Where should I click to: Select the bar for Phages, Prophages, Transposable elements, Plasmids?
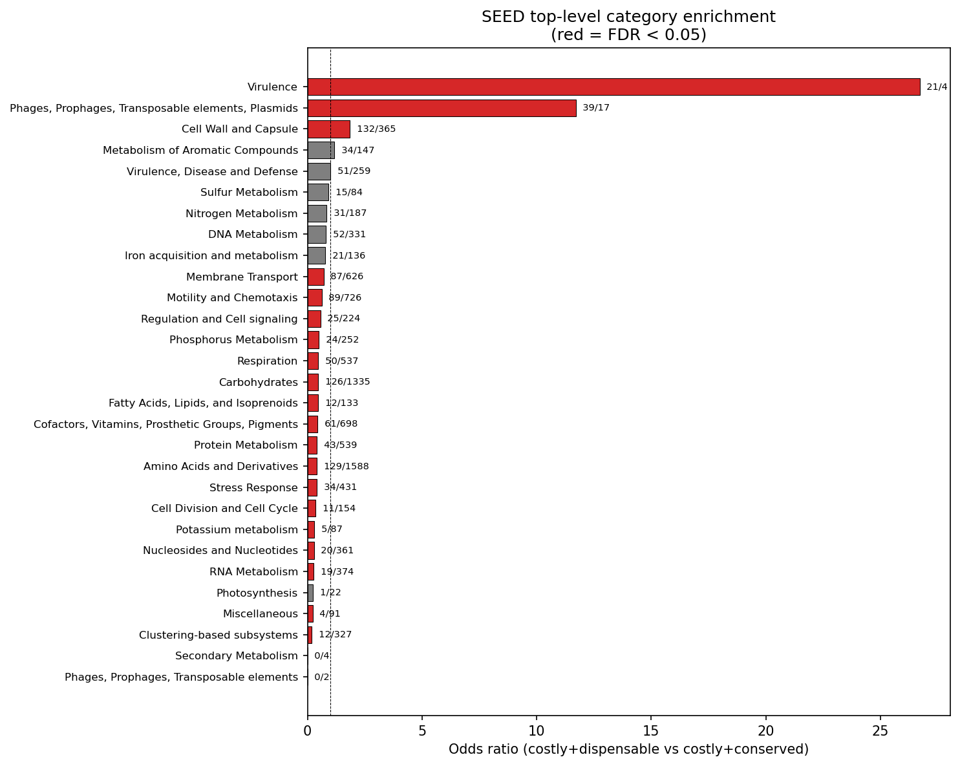coord(442,108)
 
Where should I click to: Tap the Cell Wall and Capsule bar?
coord(328,129)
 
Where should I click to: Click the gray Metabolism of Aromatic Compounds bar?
coord(321,150)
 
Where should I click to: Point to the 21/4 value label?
coord(937,87)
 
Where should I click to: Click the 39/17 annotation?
coord(596,108)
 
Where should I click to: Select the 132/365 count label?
coord(376,129)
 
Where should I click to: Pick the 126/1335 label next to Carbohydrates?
coord(348,382)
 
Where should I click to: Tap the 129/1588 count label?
coord(347,466)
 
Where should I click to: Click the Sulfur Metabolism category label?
coord(249,192)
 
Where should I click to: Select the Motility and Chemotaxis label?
coord(232,297)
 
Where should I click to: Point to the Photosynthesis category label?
coord(257,593)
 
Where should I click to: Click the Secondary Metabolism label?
coord(236,656)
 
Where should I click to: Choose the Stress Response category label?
coord(253,487)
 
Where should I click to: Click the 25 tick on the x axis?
coord(880,731)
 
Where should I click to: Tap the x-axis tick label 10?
coord(537,731)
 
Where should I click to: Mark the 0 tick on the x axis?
coord(308,731)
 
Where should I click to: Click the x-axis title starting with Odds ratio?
coord(628,749)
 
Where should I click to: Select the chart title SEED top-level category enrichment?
coord(628,17)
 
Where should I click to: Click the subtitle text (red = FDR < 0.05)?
coord(628,35)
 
